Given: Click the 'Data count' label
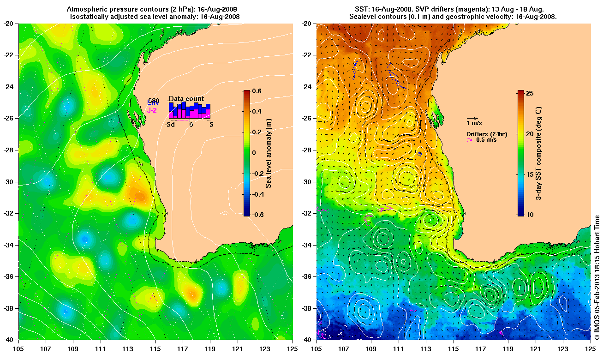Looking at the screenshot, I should pos(186,99).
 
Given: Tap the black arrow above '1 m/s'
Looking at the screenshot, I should pos(472,118).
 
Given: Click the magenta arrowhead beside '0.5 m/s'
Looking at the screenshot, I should pos(470,139).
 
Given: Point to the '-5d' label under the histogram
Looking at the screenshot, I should pos(170,125).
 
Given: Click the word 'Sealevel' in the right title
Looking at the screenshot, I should pos(364,17).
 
